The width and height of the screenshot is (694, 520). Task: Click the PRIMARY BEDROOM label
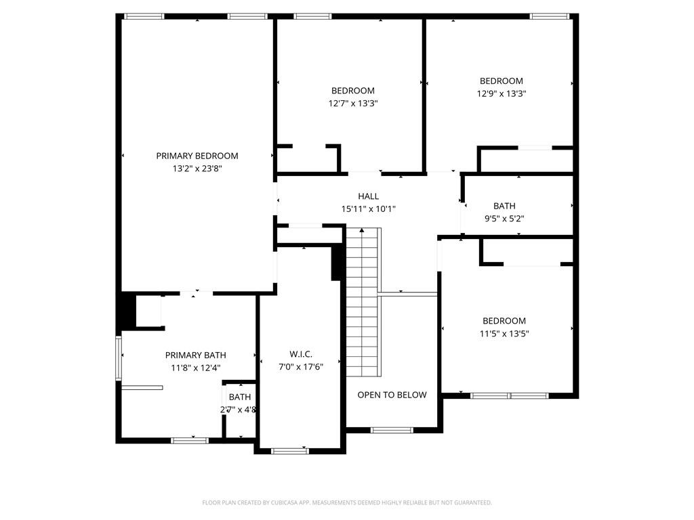tap(197, 156)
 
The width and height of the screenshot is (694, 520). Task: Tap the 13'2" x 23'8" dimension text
tap(197, 169)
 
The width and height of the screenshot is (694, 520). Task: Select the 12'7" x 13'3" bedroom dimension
tap(352, 104)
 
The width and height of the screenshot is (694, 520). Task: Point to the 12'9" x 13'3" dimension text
tap(502, 93)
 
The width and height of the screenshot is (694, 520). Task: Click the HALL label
tap(369, 196)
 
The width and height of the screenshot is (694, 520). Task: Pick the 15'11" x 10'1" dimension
tap(369, 209)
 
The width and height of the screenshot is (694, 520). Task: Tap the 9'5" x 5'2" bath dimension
tap(504, 219)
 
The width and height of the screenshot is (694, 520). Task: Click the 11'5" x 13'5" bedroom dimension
tap(504, 333)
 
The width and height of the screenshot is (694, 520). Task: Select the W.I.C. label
tap(301, 354)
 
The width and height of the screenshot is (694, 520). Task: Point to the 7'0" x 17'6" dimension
tap(301, 367)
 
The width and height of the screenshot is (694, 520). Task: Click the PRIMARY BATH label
tap(196, 355)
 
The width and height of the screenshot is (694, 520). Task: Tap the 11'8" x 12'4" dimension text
tap(196, 368)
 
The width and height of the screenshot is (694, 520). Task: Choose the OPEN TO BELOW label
tap(392, 395)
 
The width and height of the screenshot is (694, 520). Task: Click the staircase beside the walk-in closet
tap(362, 305)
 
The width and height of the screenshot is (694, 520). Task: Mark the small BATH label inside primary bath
tap(239, 397)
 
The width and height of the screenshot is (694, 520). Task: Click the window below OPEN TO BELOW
tap(392, 430)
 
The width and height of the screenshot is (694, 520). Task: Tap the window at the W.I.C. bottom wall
tap(289, 451)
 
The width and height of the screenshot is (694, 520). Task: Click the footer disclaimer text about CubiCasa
tap(347, 502)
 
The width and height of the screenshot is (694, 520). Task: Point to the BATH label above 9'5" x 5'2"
tap(504, 206)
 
